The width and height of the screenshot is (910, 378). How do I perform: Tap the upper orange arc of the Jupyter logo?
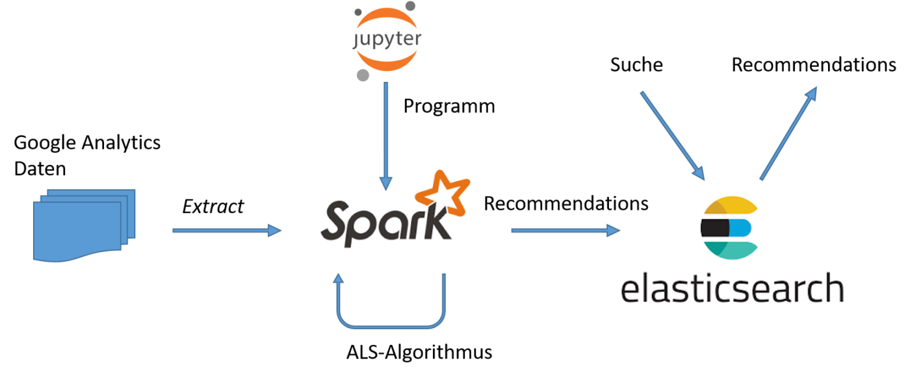coord(387,16)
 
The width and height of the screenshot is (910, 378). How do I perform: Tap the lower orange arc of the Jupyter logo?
coord(387,62)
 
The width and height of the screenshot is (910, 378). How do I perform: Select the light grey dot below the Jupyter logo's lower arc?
coord(363,75)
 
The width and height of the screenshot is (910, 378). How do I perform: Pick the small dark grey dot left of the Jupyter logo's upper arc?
coord(358,12)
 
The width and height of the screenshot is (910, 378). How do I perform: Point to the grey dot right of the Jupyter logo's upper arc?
coord(410,6)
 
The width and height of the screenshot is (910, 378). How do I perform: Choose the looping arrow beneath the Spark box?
coord(391,323)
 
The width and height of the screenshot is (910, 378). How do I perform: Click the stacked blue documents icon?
coord(83,225)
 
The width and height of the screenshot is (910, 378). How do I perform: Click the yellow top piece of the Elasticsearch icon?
coord(731,207)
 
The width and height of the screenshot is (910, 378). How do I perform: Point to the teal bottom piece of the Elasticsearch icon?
coord(731,249)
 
